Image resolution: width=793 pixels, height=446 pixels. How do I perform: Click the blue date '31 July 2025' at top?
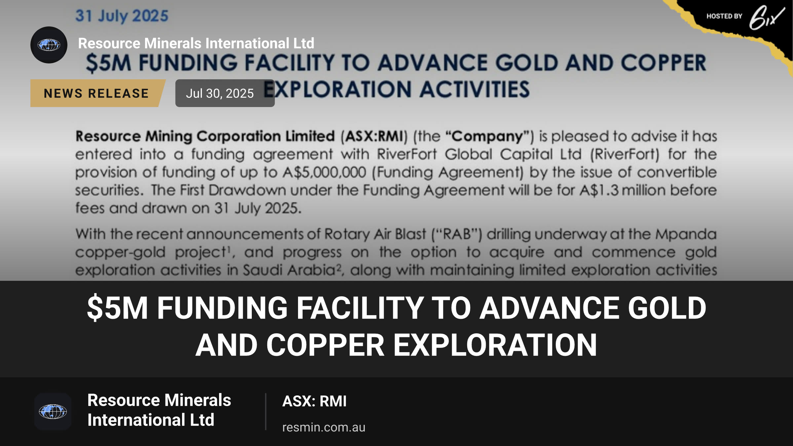[x=122, y=16]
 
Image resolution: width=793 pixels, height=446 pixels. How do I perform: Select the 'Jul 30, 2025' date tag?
[x=225, y=93]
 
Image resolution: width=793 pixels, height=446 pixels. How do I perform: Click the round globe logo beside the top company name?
[x=49, y=45]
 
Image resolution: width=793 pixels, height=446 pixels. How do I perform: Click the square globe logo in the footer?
[x=53, y=412]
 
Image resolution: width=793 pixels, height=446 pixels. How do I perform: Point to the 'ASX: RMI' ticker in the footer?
[x=314, y=401]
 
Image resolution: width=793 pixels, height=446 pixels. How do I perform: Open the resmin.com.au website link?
[x=324, y=427]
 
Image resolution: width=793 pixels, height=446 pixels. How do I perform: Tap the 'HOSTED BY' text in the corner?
[x=724, y=16]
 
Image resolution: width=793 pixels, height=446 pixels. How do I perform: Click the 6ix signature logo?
[x=767, y=17]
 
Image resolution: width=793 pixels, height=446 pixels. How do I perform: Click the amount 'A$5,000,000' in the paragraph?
[x=324, y=172]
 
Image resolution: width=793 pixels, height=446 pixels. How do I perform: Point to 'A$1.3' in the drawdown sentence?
[x=599, y=190]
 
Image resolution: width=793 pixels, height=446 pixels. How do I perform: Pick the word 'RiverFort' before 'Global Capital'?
[x=407, y=154]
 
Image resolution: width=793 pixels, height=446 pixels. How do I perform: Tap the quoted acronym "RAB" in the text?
[x=457, y=234]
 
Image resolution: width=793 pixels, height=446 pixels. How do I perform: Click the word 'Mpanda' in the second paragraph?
[x=686, y=234]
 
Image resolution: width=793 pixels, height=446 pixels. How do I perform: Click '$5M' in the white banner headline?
[x=117, y=308]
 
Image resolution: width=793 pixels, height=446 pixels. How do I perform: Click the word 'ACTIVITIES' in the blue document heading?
[x=474, y=89]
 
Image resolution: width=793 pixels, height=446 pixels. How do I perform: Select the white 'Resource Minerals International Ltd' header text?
[x=196, y=43]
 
